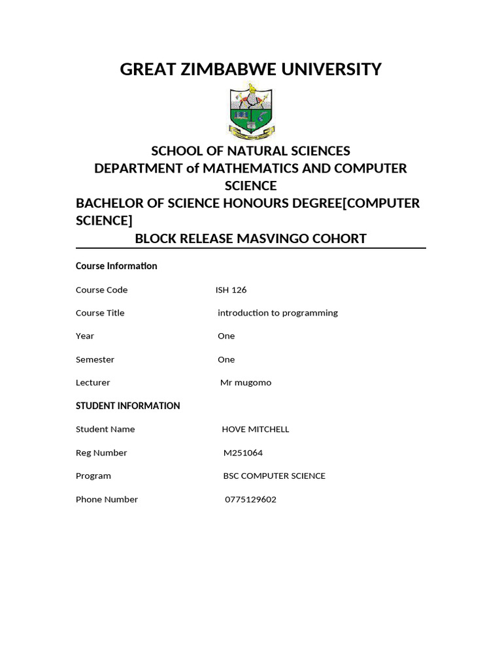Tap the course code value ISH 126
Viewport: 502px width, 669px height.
coord(231,290)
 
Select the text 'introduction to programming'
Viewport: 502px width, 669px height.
coord(278,313)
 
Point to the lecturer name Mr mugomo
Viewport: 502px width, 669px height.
coord(246,383)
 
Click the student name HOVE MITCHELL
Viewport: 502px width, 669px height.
coord(256,429)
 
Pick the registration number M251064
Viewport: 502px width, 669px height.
coord(243,453)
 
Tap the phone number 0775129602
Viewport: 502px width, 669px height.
coord(250,500)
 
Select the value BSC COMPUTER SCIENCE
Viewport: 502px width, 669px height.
coord(275,476)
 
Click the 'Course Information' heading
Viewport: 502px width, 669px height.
coord(116,266)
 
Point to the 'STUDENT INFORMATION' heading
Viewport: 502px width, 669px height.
coord(127,406)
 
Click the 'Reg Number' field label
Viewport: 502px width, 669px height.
coord(101,453)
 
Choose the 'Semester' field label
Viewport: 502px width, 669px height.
coord(95,359)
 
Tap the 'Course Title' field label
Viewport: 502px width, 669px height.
coord(100,313)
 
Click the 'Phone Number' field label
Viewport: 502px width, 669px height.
coord(107,500)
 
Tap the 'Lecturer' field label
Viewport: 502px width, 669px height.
coord(93,383)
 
